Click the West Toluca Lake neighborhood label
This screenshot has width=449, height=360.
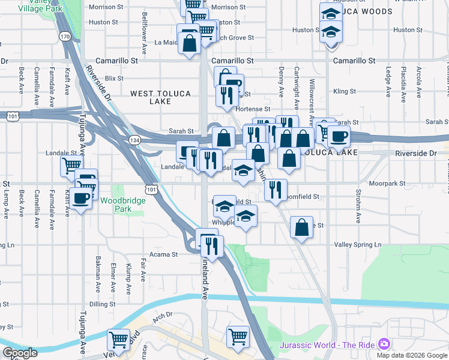[x=160, y=97]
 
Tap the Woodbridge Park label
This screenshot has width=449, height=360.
[x=123, y=205]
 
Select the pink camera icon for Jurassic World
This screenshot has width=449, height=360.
[x=384, y=344]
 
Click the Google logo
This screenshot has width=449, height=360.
[x=20, y=353]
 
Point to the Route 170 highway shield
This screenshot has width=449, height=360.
[x=65, y=37]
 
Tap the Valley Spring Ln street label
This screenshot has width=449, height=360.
[x=358, y=245]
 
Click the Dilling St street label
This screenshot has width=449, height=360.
[x=102, y=304]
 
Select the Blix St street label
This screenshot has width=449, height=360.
[x=113, y=78]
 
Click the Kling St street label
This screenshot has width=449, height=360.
[x=345, y=92]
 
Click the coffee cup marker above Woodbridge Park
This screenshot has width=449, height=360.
[x=80, y=198]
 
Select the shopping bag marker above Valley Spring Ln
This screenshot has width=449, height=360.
[x=301, y=227]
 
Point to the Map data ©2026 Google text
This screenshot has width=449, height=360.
[x=412, y=355]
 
